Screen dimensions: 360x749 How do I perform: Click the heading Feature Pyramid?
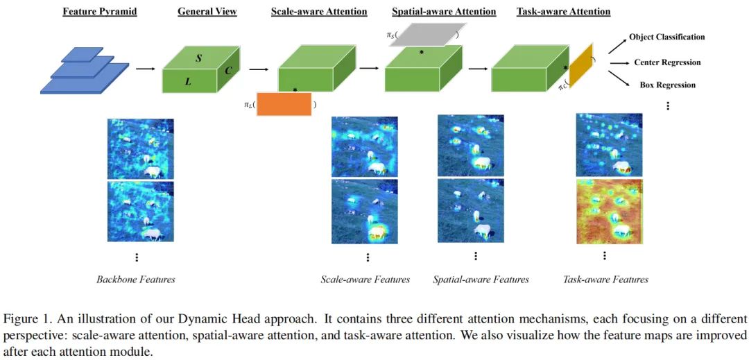pos(99,12)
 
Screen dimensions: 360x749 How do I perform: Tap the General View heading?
pos(207,12)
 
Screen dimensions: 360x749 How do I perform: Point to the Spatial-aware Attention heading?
pos(444,12)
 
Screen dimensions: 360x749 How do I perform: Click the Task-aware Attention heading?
pos(563,12)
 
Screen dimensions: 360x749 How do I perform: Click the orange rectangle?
pos(284,103)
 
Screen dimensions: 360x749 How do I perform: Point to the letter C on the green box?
pos(227,71)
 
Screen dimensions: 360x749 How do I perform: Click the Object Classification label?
pos(666,37)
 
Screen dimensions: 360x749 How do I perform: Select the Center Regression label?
pos(667,62)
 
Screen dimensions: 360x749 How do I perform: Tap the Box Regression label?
pos(668,85)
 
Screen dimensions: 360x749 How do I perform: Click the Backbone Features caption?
pos(136,280)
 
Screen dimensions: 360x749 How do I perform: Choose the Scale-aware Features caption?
pos(365,280)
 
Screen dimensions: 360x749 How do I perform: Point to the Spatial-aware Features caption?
pos(481,280)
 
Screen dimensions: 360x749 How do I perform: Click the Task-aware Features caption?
pos(605,280)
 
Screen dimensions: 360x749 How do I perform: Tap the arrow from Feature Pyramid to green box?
pos(145,69)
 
